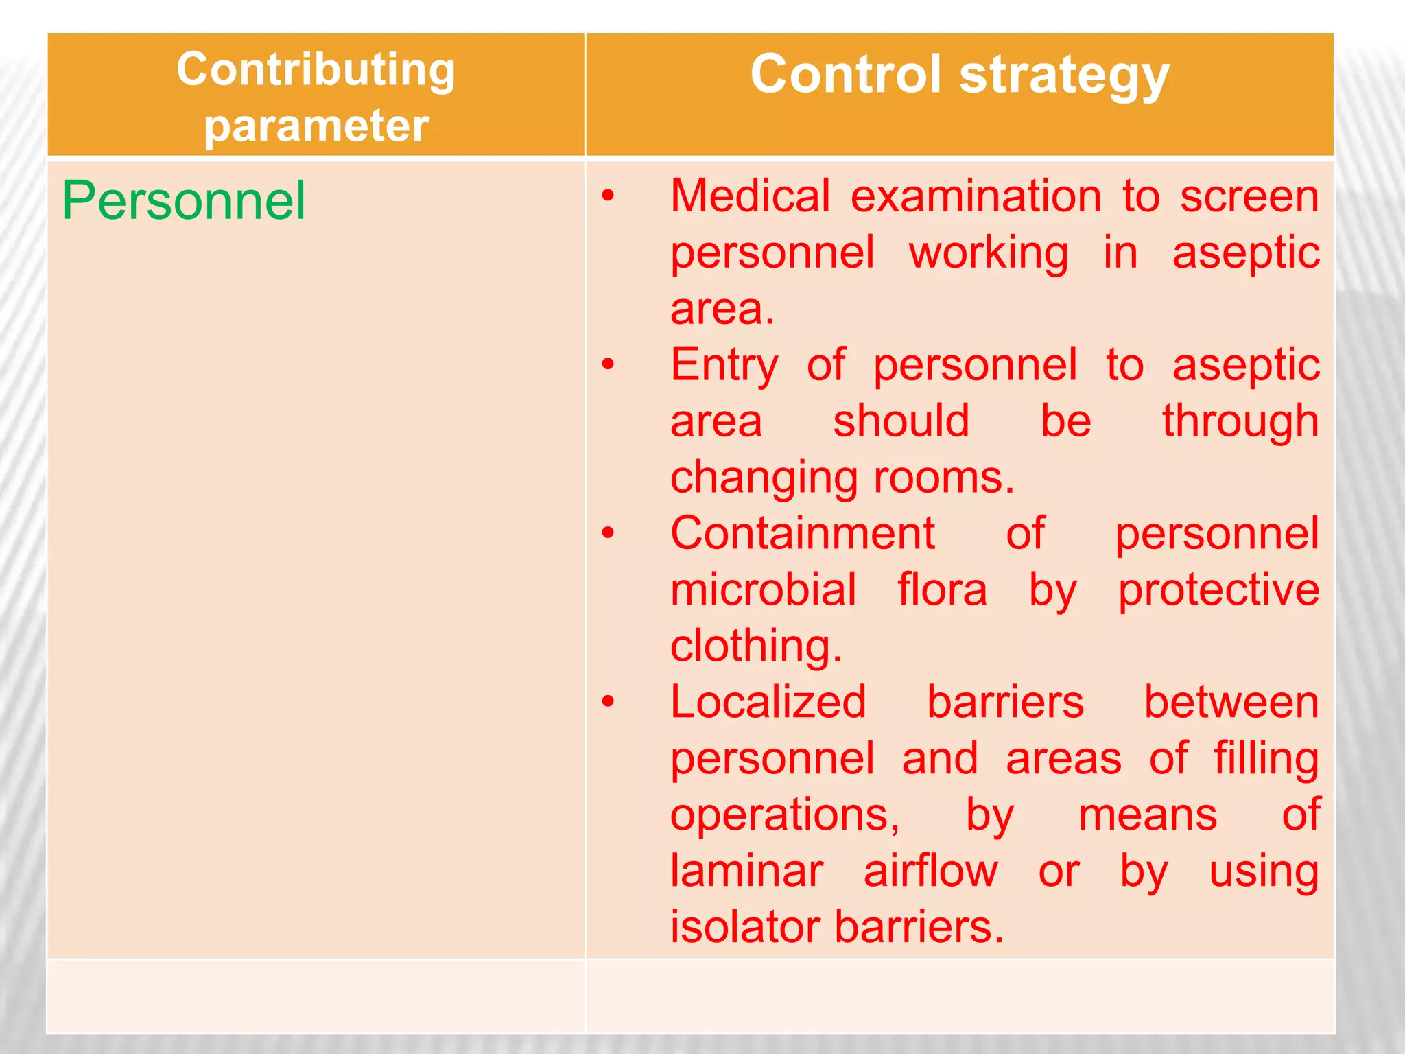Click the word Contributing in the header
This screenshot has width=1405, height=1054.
[x=316, y=71]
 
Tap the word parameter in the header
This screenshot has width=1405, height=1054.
[x=316, y=126]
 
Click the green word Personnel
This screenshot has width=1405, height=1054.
[x=183, y=200]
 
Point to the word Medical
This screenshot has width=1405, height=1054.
[x=750, y=196]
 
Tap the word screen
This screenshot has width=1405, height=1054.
[x=1249, y=196]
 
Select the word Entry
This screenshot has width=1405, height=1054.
[x=724, y=365]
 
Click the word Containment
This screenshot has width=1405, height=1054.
[x=802, y=533]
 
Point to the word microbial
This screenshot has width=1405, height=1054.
[x=763, y=589]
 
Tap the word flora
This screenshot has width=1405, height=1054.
[x=942, y=589]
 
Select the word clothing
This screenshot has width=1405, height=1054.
[x=755, y=646]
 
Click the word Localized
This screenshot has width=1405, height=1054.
[x=768, y=702]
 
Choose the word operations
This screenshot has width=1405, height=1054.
[x=785, y=815]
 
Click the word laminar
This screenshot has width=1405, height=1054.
[x=746, y=871]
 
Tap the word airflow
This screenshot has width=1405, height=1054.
[x=930, y=871]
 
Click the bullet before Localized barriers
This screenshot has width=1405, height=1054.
[x=608, y=702]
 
